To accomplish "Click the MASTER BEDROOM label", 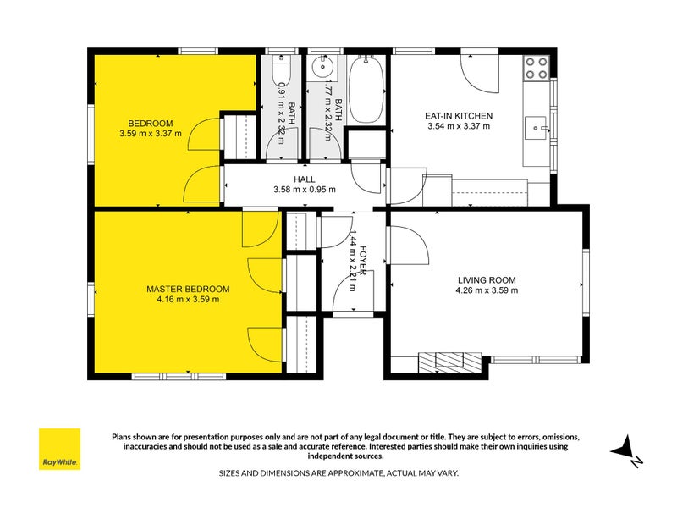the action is [x=188, y=289].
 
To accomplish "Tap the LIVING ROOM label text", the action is [x=487, y=280].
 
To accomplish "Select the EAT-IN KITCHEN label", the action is [x=459, y=116].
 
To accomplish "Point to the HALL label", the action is [x=305, y=179].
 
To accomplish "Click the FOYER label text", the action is [x=363, y=260].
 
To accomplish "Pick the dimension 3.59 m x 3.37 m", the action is [x=151, y=134].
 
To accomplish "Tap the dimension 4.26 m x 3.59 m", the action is [x=487, y=290].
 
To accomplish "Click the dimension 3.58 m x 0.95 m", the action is [x=305, y=189].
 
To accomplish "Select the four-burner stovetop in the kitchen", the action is [x=536, y=69].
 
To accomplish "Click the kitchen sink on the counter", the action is [x=536, y=128].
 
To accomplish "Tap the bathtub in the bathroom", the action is [x=366, y=90].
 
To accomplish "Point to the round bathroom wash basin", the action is [x=322, y=66].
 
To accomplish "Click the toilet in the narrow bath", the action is [x=282, y=69].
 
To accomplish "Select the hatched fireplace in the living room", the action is [x=449, y=362].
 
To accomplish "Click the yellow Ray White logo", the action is [x=59, y=449].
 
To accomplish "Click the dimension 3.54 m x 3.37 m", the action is [x=459, y=126].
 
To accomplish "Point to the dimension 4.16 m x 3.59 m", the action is [x=188, y=300].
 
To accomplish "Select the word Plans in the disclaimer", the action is [x=121, y=437].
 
